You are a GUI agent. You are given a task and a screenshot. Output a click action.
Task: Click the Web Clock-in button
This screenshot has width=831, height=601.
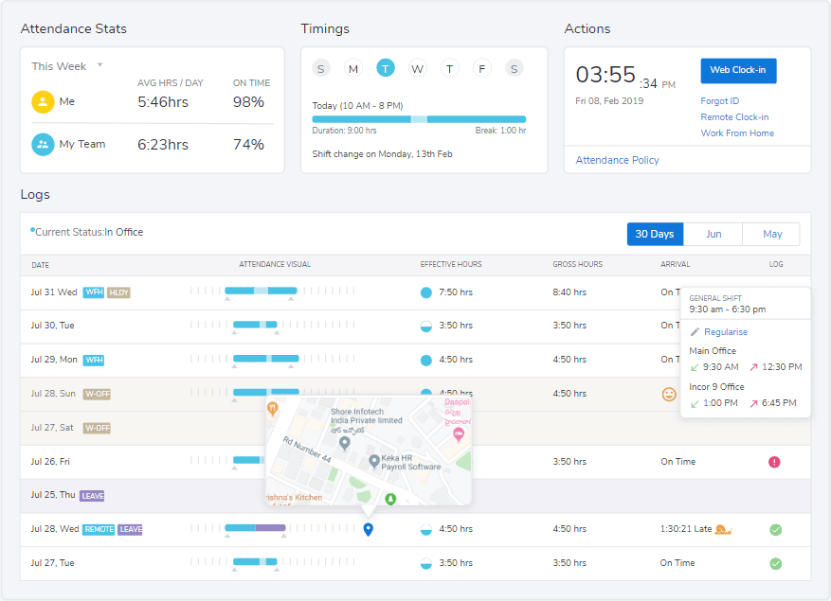[x=738, y=71]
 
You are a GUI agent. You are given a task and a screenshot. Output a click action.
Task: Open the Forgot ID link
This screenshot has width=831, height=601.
[x=719, y=101]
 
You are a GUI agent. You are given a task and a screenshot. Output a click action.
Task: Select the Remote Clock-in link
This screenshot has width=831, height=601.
[x=734, y=117]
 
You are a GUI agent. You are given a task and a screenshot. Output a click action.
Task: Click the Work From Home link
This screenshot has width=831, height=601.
[x=737, y=133]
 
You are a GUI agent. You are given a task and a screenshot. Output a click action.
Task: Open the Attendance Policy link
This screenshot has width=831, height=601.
[x=617, y=160]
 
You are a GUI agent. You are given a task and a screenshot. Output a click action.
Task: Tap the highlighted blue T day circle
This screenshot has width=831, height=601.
[x=385, y=68]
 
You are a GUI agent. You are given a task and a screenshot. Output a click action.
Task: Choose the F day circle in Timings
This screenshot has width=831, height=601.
[x=482, y=68]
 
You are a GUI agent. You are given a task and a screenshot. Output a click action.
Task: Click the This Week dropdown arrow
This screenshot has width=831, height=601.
[x=99, y=65]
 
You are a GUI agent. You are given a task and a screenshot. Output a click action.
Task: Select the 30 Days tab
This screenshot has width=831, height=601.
[x=655, y=234]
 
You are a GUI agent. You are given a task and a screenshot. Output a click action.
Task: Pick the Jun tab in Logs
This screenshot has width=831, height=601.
[x=713, y=234]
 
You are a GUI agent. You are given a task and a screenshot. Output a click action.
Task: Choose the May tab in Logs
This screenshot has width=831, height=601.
[x=771, y=234]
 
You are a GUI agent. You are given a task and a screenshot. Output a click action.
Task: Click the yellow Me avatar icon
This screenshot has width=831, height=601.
[x=43, y=102]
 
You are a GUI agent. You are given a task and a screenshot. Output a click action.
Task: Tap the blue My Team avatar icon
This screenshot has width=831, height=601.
[x=43, y=145]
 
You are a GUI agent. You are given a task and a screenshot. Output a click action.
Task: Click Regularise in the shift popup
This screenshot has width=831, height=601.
[x=726, y=332]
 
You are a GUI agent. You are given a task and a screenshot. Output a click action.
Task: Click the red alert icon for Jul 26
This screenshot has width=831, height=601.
[x=775, y=462]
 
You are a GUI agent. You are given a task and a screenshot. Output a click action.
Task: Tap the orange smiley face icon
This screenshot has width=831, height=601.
[x=669, y=394]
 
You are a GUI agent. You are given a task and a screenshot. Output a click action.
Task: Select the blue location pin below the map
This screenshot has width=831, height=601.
[x=369, y=529]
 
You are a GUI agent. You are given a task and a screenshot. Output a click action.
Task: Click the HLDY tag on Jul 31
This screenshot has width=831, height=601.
[x=118, y=292]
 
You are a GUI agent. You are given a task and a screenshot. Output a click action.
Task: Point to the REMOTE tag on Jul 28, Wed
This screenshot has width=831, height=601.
[x=99, y=530]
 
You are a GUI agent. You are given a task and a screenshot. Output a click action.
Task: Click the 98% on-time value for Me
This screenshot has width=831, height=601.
[x=248, y=102]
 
